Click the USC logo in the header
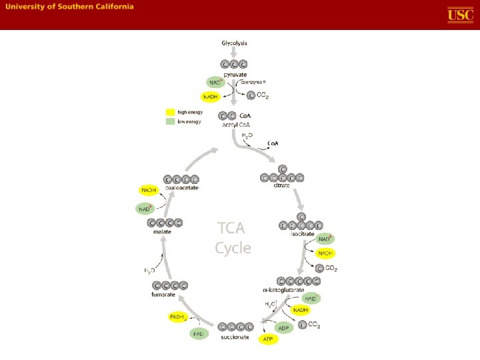pos(460,15)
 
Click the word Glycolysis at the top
pos(234,43)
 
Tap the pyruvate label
pos(235,75)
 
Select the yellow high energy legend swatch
pos(171,112)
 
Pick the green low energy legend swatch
pos(171,121)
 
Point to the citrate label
pos(282,185)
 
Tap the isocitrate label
pos(301,233)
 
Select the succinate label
pos(235,337)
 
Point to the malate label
pos(162,231)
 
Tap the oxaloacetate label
pos(181,187)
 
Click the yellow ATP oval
pos(268,339)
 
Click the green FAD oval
pos(199,333)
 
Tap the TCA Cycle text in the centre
pos(233,238)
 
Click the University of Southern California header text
pos(70,7)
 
